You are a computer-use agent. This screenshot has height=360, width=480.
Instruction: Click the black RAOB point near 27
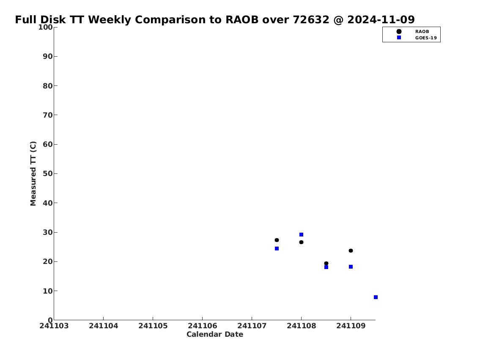277,240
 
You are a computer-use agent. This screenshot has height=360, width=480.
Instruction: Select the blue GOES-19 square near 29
301,234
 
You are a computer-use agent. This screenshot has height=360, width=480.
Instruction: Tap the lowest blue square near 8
376,297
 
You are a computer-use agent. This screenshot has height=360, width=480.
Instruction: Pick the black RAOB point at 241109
351,251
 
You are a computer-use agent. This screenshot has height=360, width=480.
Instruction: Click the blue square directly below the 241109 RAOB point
351,267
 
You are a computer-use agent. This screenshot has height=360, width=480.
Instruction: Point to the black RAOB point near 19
326,263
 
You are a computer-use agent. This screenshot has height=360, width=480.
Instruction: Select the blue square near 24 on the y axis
277,249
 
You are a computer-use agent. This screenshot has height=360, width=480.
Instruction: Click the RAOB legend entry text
422,32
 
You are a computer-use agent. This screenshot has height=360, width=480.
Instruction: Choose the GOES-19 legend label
426,38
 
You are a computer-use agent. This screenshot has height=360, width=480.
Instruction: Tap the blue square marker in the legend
399,37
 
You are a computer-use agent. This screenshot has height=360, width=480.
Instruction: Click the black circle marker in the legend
399,32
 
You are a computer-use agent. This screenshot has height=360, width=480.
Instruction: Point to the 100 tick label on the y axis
45,27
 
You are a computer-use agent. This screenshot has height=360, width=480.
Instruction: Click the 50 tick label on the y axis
48,173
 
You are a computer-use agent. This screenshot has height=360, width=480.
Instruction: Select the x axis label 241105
153,326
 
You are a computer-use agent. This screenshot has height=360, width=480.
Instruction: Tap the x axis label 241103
54,326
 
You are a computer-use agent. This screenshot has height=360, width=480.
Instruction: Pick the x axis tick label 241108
301,326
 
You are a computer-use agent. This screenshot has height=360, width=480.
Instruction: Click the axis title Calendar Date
215,334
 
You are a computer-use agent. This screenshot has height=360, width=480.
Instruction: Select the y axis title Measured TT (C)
33,173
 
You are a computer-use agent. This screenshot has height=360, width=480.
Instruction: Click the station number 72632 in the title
311,19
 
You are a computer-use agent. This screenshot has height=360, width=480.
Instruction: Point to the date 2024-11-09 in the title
381,19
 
